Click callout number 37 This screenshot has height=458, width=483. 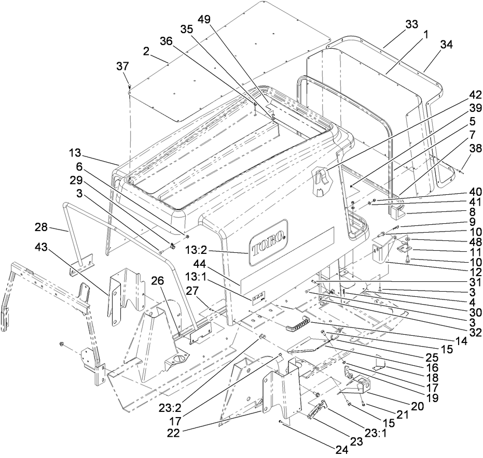(x=122, y=66)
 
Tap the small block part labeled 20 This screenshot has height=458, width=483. (x=361, y=384)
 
